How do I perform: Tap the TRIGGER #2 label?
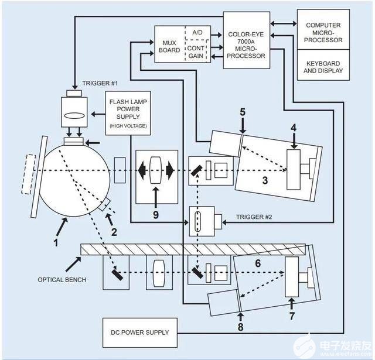[253, 217]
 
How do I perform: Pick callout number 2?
[114, 231]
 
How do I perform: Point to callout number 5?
[243, 112]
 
